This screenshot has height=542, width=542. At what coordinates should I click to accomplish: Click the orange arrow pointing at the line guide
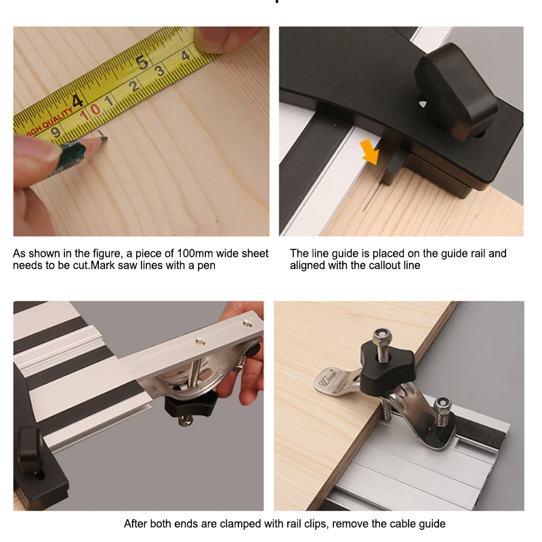pos(370,152)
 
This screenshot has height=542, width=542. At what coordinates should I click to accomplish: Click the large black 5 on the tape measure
pos(142,62)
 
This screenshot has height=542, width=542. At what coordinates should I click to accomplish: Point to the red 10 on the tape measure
pos(90,111)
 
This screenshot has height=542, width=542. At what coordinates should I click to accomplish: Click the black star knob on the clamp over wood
pos(388,370)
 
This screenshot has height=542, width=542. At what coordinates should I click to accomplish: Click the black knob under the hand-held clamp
pos(191,405)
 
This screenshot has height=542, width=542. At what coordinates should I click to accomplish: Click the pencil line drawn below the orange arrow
pos(372,196)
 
